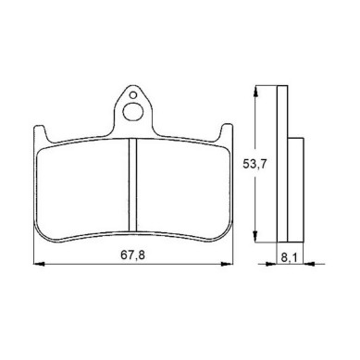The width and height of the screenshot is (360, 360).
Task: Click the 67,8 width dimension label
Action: [x=132, y=254]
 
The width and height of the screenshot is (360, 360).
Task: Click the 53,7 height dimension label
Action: [x=254, y=164]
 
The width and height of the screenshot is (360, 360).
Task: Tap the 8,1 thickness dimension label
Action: [x=289, y=257]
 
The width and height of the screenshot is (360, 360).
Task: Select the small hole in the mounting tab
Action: [x=133, y=95]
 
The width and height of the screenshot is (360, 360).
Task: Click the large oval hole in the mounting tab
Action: [x=133, y=112]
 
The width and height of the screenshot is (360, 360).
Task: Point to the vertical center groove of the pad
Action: [x=132, y=185]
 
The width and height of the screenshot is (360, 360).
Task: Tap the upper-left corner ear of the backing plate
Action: [x=41, y=132]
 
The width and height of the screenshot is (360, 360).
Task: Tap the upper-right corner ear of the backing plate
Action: [x=226, y=132]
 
